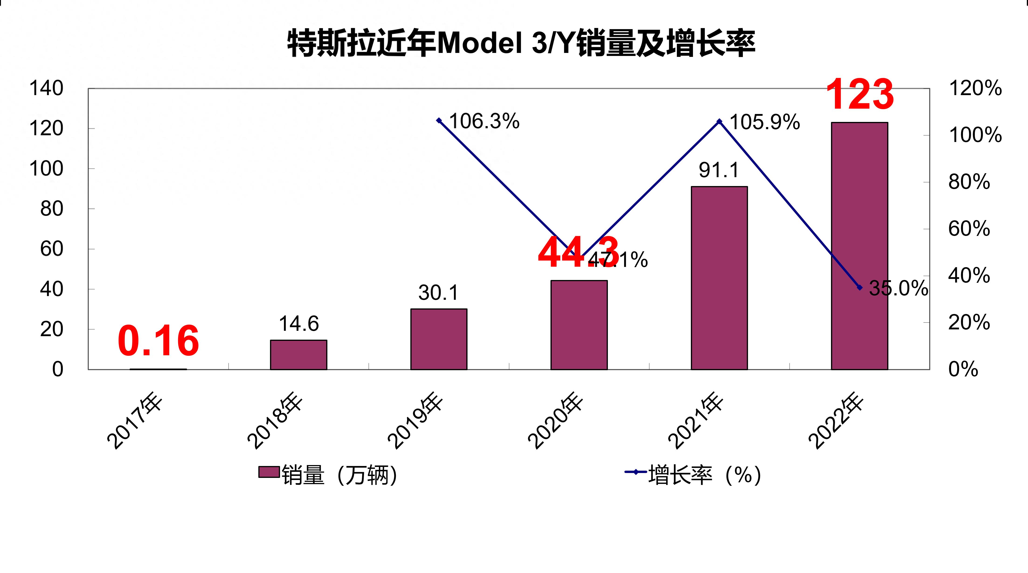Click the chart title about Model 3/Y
click(x=521, y=43)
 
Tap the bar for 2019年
click(x=439, y=339)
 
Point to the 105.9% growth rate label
click(x=765, y=122)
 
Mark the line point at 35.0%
click(x=860, y=287)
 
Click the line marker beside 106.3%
click(x=439, y=121)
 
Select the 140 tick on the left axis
click(x=46, y=88)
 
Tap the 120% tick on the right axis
click(x=975, y=88)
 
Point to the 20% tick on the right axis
click(x=969, y=322)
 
